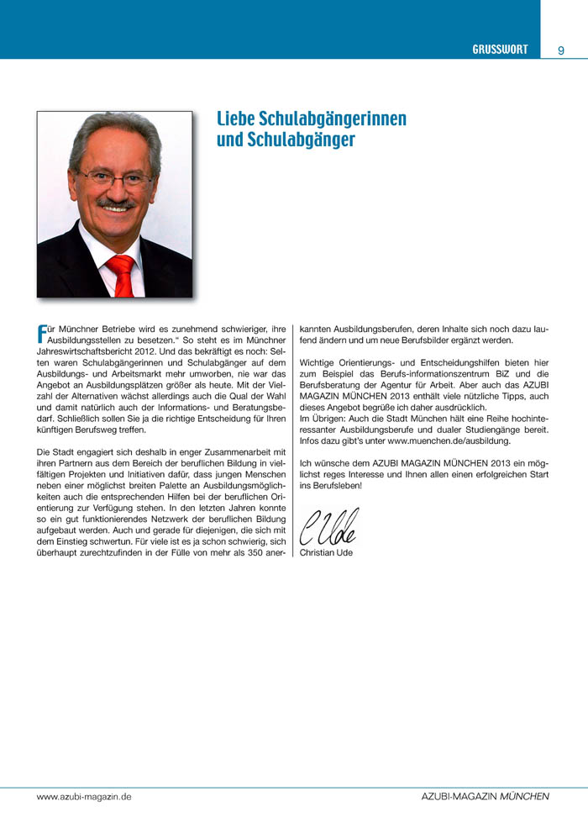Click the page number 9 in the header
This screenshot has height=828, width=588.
[x=560, y=50]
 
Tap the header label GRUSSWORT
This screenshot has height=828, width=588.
[x=500, y=50]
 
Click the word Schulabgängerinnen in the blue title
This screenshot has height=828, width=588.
[x=333, y=119]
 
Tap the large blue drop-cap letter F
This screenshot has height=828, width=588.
[x=41, y=333]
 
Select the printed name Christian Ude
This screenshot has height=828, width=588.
[x=326, y=552]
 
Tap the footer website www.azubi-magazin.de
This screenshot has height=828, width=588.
[x=84, y=795]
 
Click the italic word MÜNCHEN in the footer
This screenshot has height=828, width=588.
[x=525, y=795]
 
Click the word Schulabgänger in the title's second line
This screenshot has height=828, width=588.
[x=286, y=140]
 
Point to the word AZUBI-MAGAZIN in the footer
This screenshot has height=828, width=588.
[x=458, y=795]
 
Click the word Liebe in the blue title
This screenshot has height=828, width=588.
[x=235, y=119]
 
